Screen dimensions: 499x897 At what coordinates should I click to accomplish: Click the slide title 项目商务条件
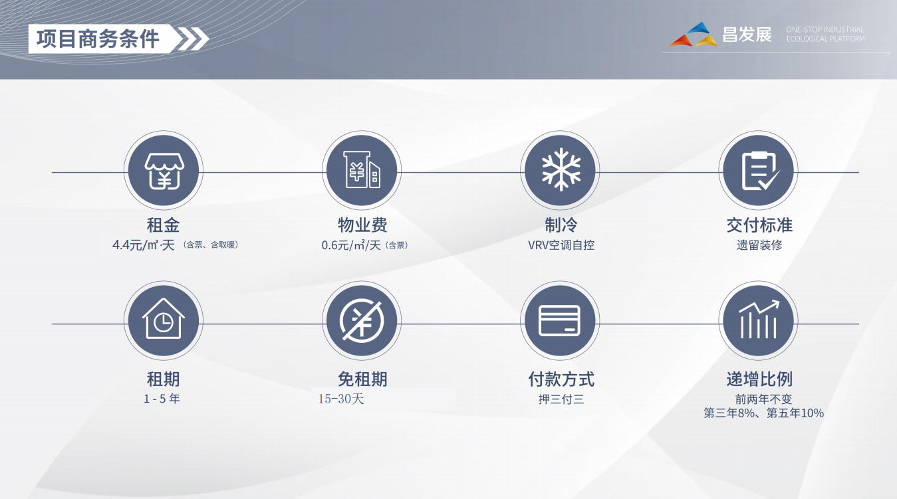click(x=98, y=39)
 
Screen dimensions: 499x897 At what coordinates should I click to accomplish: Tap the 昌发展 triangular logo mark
click(x=694, y=35)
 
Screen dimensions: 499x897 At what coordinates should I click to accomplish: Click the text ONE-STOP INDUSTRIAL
click(x=825, y=30)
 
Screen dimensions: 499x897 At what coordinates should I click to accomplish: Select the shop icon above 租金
click(x=163, y=170)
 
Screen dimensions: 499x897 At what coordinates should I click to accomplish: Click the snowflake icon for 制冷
click(x=560, y=170)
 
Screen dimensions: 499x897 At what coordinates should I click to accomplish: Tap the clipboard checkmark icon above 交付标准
click(x=758, y=170)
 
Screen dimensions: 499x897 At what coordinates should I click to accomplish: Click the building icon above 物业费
click(x=361, y=170)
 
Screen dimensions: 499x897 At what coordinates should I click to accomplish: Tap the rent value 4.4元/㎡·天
click(x=143, y=245)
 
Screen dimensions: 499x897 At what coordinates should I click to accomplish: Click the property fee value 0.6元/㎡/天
click(x=351, y=245)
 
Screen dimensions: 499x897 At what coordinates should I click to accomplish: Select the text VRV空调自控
click(x=561, y=245)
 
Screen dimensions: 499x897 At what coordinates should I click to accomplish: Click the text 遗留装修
click(x=759, y=245)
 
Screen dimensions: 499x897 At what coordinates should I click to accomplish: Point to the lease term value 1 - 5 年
click(x=162, y=399)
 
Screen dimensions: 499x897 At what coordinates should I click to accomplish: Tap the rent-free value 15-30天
click(x=341, y=399)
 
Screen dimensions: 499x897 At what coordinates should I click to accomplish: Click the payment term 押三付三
click(x=561, y=399)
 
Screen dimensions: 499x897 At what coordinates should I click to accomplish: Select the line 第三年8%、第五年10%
click(x=763, y=413)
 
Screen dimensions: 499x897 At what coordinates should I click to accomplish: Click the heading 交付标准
click(x=759, y=225)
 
